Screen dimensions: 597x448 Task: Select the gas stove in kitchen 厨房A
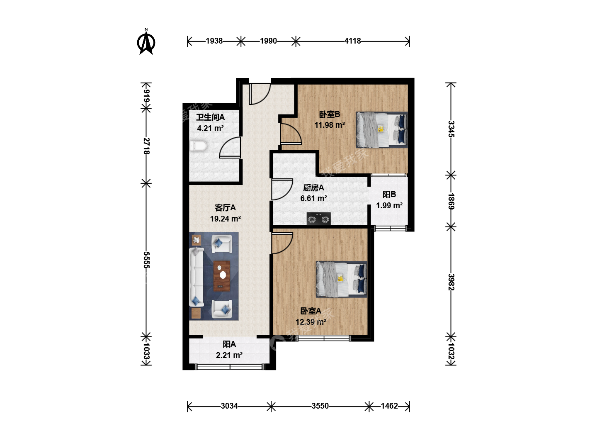[319, 219]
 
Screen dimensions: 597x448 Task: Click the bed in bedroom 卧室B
[382, 130]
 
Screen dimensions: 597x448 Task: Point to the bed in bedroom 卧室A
[342, 279]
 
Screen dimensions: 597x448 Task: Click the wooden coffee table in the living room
[222, 276]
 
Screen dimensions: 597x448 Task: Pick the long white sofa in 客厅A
[197, 277]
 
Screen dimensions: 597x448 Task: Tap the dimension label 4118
[352, 41]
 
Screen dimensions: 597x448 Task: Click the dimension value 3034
[229, 406]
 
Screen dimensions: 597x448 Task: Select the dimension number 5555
[147, 260]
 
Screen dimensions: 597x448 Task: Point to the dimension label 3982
[451, 282]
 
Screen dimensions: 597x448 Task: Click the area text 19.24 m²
[225, 219]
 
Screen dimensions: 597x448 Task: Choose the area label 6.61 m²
[313, 199]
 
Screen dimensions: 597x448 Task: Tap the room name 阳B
[389, 195]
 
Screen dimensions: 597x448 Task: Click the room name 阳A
[229, 344]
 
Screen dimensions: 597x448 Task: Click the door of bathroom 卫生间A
[230, 147]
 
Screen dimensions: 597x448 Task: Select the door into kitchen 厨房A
[282, 189]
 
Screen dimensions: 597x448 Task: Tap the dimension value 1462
[389, 406]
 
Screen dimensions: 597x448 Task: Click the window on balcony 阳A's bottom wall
[230, 367]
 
